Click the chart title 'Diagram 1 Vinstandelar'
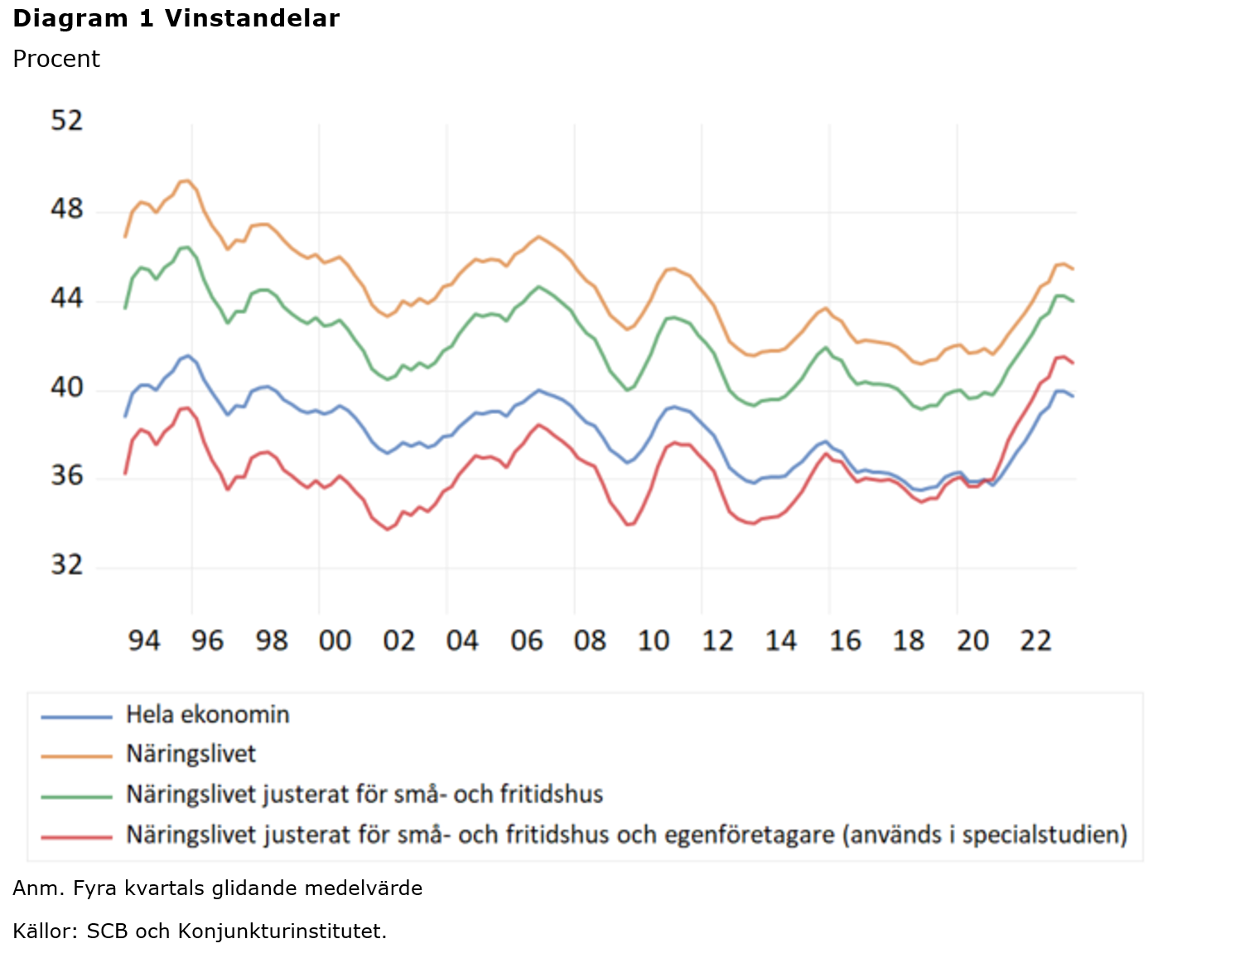pyautogui.click(x=176, y=18)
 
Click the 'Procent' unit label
pyautogui.click(x=56, y=60)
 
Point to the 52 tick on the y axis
pyautogui.click(x=67, y=121)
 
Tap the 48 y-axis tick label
pyautogui.click(x=67, y=209)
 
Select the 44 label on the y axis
pyautogui.click(x=67, y=298)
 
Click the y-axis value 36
pyautogui.click(x=67, y=476)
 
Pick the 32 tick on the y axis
pyautogui.click(x=67, y=565)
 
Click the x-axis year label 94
pyautogui.click(x=143, y=640)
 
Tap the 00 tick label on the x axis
pyautogui.click(x=335, y=640)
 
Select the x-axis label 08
pyautogui.click(x=590, y=640)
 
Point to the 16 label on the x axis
pyautogui.click(x=845, y=640)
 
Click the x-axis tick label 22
pyautogui.click(x=1036, y=640)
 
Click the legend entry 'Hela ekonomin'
pyautogui.click(x=207, y=715)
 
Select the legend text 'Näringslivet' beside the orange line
pyautogui.click(x=191, y=754)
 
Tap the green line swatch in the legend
pyautogui.click(x=76, y=797)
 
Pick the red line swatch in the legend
pyautogui.click(x=76, y=836)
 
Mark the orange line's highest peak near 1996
pyautogui.click(x=186, y=181)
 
